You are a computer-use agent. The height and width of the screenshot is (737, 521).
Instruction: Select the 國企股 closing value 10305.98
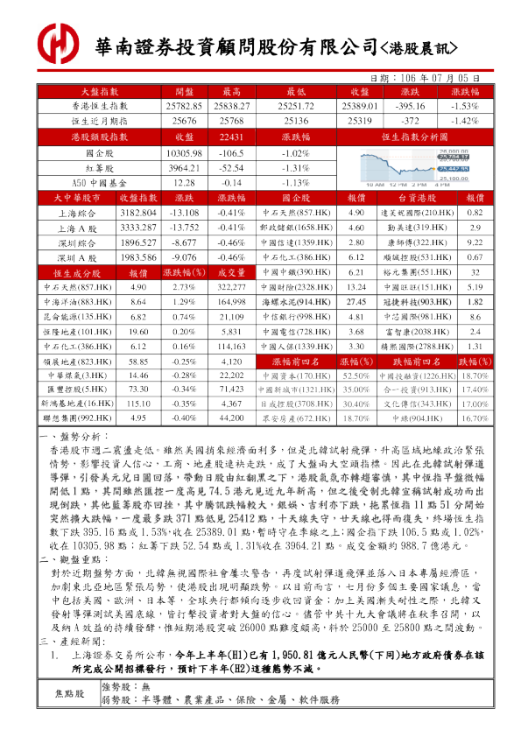pyautogui.click(x=184, y=153)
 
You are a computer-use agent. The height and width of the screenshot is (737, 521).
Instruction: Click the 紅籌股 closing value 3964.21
pyautogui.click(x=184, y=168)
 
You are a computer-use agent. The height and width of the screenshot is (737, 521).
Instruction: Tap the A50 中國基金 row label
pyautogui.click(x=95, y=182)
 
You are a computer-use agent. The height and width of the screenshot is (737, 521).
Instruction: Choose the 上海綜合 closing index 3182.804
pyautogui.click(x=137, y=213)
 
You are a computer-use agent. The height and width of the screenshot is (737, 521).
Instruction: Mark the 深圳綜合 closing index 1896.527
pyautogui.click(x=137, y=242)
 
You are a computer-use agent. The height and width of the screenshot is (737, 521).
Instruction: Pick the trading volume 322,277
pyautogui.click(x=231, y=287)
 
